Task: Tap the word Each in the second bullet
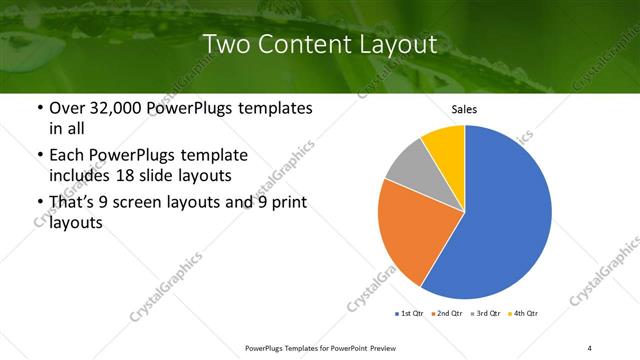tap(68, 155)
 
